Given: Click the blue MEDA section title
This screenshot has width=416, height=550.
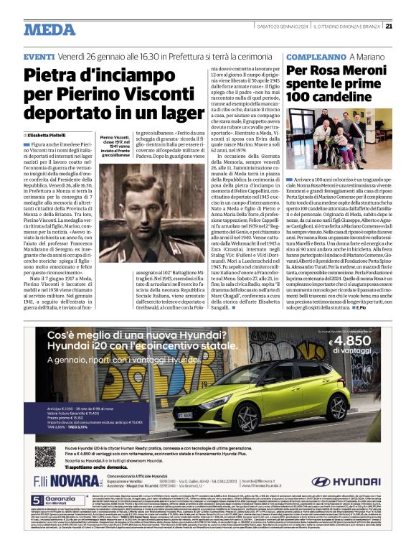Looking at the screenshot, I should tap(49, 29).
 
